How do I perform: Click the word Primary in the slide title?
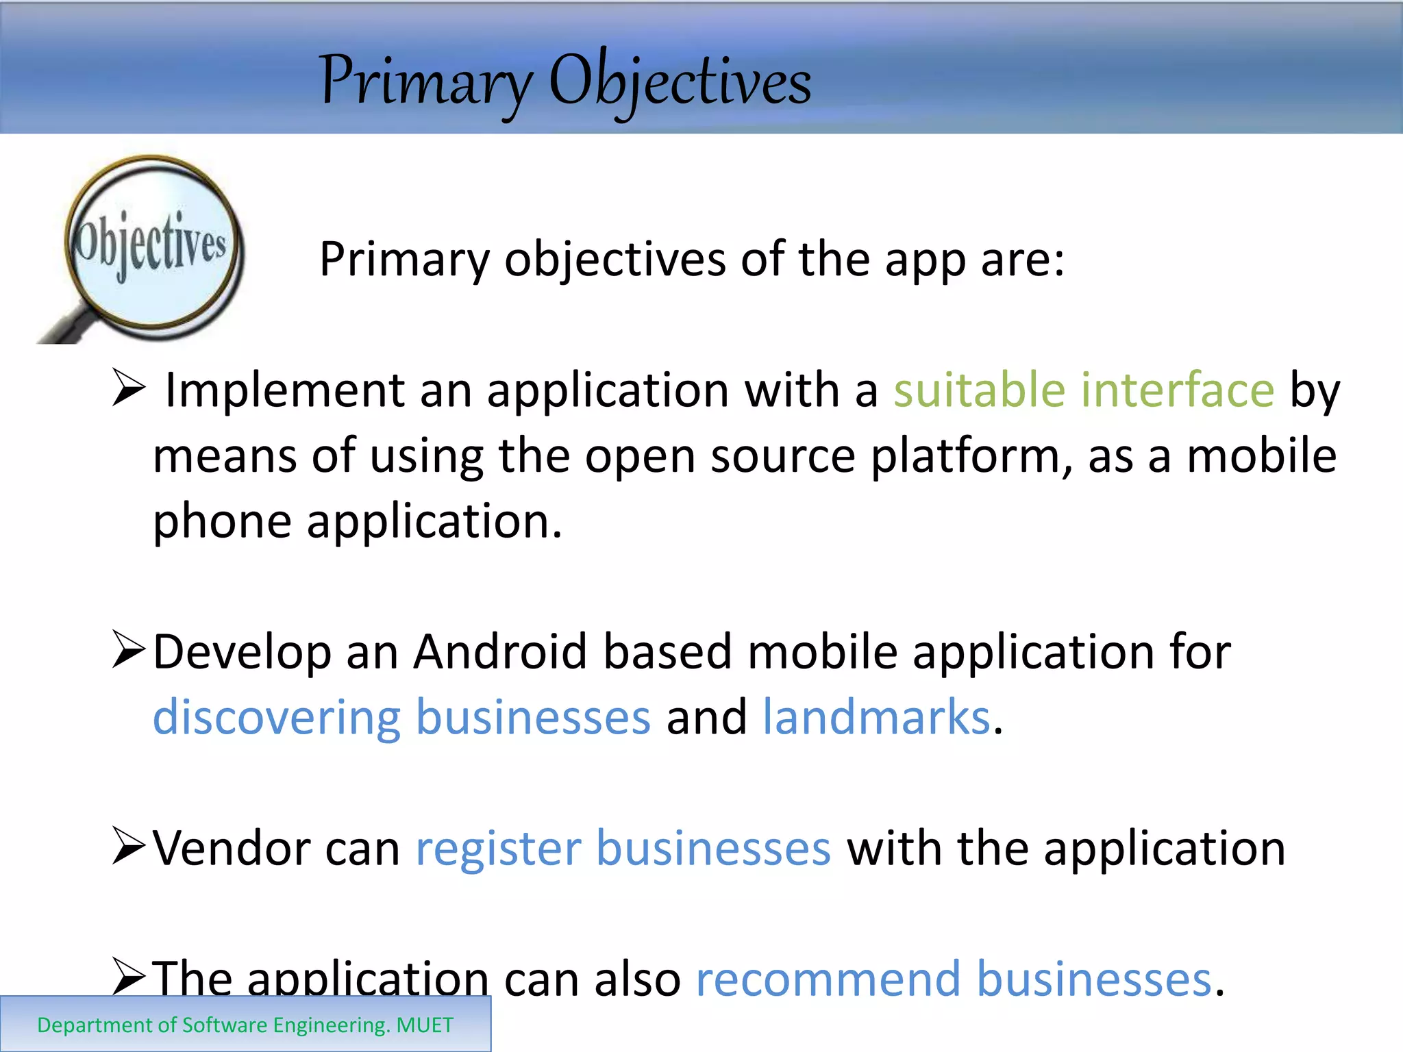(425, 82)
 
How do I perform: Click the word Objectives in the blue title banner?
(680, 82)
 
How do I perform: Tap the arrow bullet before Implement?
(128, 388)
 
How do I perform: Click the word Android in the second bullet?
(500, 651)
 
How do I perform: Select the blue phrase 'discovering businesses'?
(401, 718)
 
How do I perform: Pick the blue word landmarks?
(877, 718)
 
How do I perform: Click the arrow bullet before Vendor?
(128, 847)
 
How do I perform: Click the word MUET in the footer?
(425, 1025)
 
